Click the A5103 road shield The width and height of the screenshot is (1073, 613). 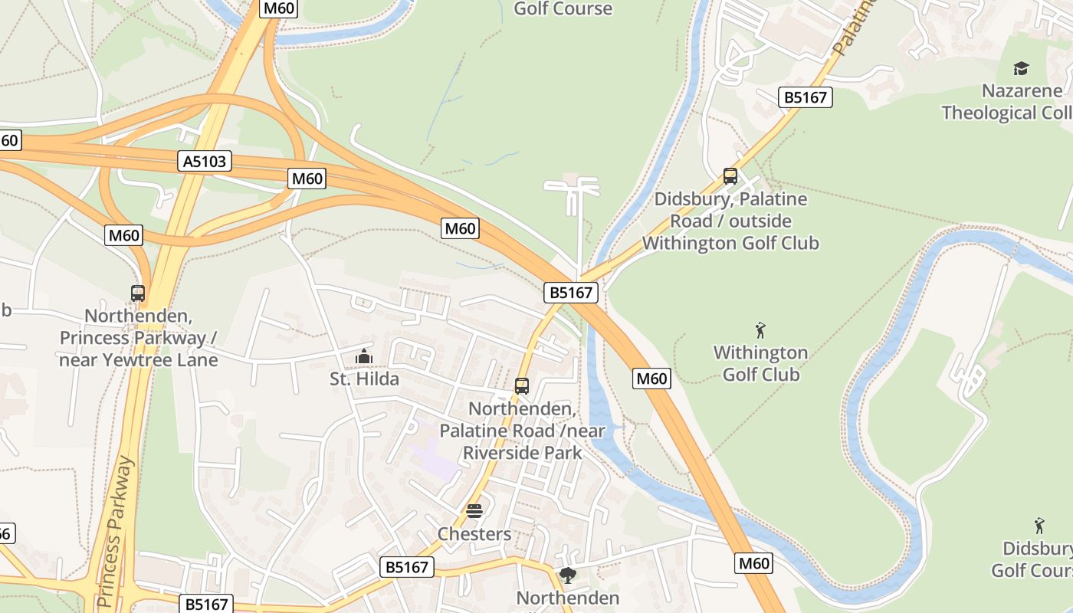point(205,161)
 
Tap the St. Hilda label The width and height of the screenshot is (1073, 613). point(364,379)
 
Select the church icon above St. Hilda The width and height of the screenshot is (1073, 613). point(364,357)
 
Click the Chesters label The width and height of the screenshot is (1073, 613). point(474,533)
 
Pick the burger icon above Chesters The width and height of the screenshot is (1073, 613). point(474,511)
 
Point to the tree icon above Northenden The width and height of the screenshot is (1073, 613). point(568,575)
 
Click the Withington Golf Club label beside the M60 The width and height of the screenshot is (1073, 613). point(760,363)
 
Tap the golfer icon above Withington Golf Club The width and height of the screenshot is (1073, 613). point(760,331)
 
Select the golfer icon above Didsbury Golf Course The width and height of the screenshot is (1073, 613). point(1039,526)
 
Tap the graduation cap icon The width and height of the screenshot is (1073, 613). point(1021,69)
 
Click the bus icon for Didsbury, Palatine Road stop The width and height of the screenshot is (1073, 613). point(730,176)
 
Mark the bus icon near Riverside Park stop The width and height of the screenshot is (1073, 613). point(522,386)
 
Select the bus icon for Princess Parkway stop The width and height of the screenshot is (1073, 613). point(138,293)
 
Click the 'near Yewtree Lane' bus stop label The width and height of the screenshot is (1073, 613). point(139,359)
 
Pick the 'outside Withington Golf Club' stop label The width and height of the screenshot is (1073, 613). point(730,232)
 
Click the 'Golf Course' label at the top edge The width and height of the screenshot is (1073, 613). point(563,8)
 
